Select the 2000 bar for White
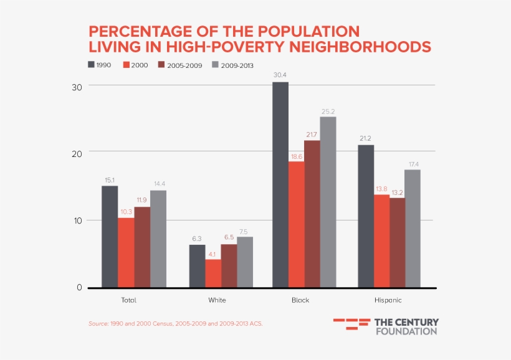pyautogui.click(x=213, y=273)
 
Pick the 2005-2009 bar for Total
pyautogui.click(x=142, y=247)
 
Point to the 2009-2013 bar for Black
pyautogui.click(x=328, y=202)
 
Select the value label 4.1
pyautogui.click(x=213, y=253)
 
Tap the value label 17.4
pyautogui.click(x=413, y=164)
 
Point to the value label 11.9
pyautogui.click(x=142, y=201)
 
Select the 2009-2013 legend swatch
pyautogui.click(x=216, y=65)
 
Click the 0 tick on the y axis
pyautogui.click(x=79, y=288)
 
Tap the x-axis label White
pyautogui.click(x=217, y=300)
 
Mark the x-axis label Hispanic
pyautogui.click(x=388, y=300)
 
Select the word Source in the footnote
pyautogui.click(x=98, y=324)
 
